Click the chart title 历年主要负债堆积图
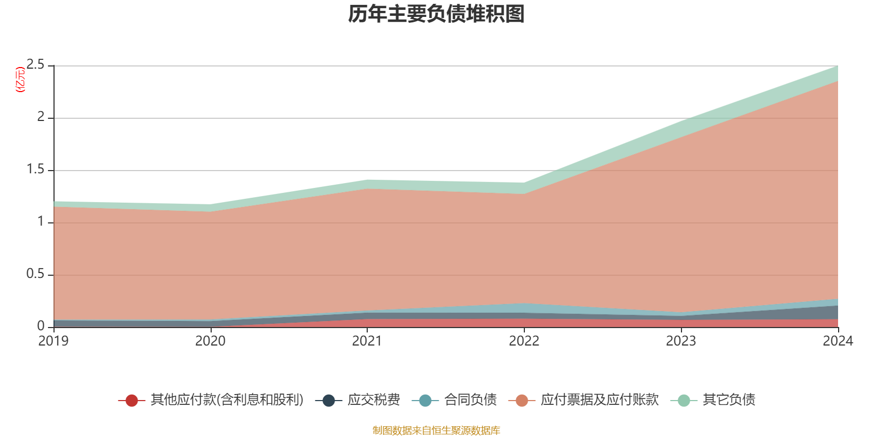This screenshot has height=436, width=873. click(x=436, y=14)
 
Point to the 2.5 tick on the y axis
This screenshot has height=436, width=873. click(x=35, y=65)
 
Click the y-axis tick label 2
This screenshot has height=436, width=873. click(x=41, y=117)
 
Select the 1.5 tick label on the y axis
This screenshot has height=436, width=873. click(x=35, y=169)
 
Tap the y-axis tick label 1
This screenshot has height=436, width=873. click(x=41, y=222)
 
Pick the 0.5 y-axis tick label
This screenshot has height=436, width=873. click(x=35, y=274)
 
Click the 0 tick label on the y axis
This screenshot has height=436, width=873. click(x=41, y=326)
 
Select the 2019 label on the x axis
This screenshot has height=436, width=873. click(x=53, y=341)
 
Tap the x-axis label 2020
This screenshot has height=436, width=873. click(x=210, y=341)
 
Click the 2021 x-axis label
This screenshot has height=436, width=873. click(x=367, y=341)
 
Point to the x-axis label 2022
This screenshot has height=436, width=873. click(x=524, y=341)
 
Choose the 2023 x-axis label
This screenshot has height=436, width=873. click(x=681, y=341)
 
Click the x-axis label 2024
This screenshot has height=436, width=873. click(x=838, y=341)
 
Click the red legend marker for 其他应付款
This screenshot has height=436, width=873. click(x=131, y=401)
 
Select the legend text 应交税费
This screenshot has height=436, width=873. click(x=374, y=400)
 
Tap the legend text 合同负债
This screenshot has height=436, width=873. click(x=470, y=400)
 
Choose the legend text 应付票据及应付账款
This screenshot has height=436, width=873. click(x=600, y=400)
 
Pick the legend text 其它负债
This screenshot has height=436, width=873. click(x=729, y=400)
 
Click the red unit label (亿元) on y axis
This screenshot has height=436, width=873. click(x=21, y=80)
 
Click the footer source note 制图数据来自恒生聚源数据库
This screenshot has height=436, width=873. click(x=436, y=431)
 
